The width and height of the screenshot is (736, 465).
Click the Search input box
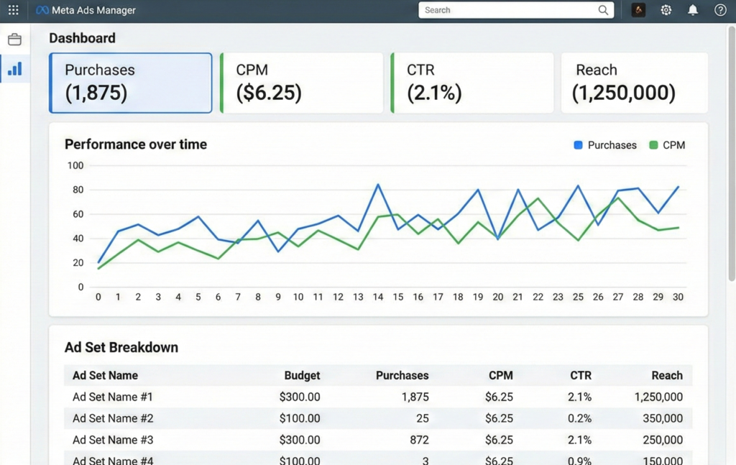510,10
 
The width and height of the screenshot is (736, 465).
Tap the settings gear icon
666,10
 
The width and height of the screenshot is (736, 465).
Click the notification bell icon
693,10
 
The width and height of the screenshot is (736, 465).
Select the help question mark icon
720,10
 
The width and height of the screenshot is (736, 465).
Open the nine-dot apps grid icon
14,10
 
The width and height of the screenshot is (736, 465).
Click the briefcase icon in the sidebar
14,40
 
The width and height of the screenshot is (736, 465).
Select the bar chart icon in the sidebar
14,69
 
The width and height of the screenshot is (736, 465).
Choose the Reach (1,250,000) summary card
634,82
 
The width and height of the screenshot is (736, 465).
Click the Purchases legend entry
605,145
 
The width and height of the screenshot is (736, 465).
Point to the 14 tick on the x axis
378,297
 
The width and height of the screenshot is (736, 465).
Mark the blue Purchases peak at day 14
378,185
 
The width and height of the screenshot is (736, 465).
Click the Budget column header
302,375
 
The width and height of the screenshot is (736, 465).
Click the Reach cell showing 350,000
663,418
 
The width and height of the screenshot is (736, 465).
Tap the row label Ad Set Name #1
113,397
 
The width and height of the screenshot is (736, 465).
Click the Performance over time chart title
136,144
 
